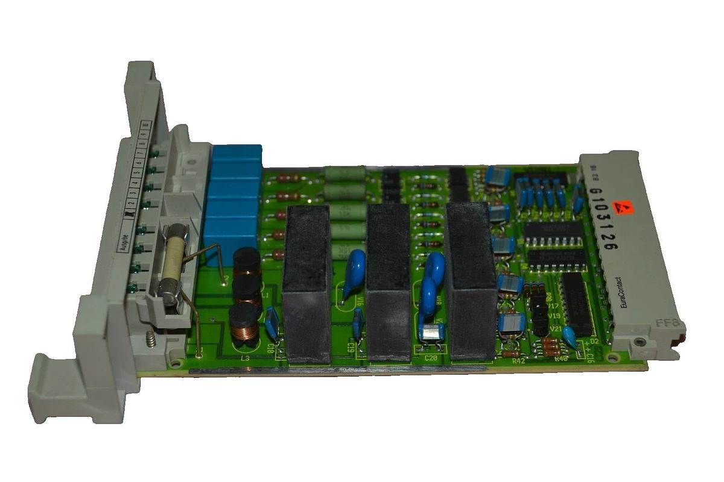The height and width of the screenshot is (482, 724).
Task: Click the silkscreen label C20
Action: [431, 357]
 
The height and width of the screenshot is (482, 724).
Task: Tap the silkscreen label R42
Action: [517, 361]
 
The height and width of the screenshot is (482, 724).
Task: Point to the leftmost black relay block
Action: [308, 283]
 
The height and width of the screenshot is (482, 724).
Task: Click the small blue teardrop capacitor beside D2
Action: [568, 336]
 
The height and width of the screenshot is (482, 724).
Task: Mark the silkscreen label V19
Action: [556, 316]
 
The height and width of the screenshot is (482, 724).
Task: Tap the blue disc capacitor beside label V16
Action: [355, 265]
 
